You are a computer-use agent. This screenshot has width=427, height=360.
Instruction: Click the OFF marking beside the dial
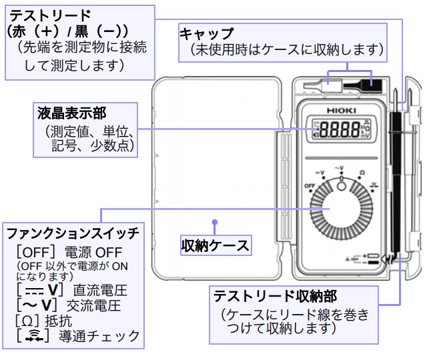coord(310,185)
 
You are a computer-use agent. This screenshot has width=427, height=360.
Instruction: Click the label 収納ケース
coord(215,245)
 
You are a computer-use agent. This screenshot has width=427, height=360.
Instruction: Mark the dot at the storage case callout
coord(215,223)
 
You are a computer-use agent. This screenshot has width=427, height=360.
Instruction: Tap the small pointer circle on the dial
coord(342,186)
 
